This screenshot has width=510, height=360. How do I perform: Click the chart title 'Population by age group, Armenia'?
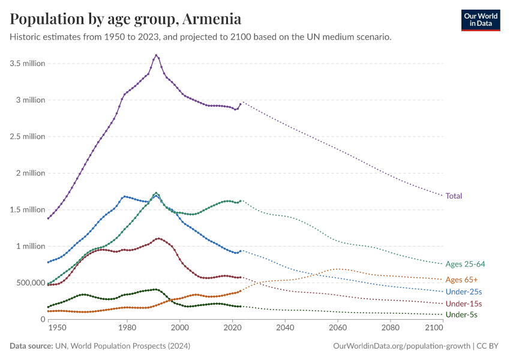click(126, 19)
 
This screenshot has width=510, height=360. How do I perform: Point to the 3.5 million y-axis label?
click(27, 64)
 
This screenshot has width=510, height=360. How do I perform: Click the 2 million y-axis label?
click(29, 173)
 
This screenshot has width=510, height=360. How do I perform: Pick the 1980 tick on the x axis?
click(127, 328)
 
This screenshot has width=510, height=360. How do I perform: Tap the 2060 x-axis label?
click(338, 328)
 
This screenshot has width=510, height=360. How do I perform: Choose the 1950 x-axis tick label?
click(58, 328)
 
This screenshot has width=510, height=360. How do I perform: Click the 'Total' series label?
click(454, 196)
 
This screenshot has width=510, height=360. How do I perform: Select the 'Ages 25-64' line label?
click(466, 264)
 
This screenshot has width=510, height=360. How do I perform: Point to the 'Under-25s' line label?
click(464, 292)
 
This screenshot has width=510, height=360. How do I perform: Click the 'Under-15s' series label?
click(464, 304)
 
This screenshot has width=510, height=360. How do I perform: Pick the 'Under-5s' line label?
click(462, 314)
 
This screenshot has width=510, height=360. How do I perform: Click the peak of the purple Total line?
click(156, 55)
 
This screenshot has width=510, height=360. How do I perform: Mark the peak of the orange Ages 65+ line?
click(338, 269)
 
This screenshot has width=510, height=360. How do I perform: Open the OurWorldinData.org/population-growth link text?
click(401, 346)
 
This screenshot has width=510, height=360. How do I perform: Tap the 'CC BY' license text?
click(488, 346)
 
